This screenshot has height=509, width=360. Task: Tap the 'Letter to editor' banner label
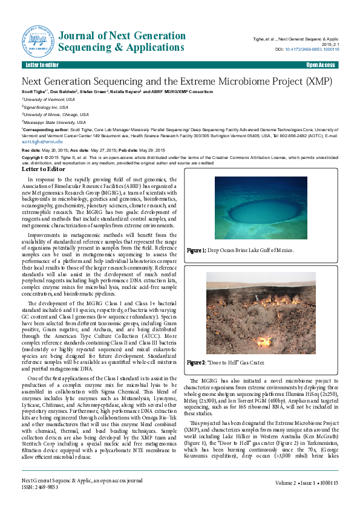point(42,65)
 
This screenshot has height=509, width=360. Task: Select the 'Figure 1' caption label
point(198,250)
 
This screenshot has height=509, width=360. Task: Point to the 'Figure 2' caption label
point(197,363)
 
